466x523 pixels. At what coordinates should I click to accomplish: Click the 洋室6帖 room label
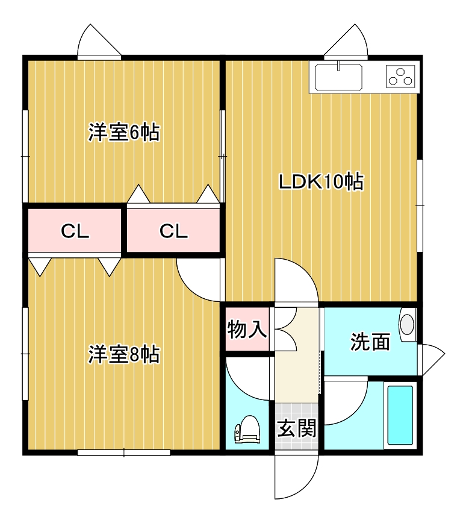(x=124, y=132)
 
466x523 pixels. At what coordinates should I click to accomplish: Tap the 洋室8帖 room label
(x=124, y=354)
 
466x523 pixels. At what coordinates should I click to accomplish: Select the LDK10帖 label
(x=321, y=182)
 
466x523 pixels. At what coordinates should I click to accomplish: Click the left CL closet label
(x=75, y=231)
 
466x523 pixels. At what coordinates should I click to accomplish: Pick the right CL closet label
(x=173, y=231)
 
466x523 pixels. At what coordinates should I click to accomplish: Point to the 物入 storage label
(x=247, y=329)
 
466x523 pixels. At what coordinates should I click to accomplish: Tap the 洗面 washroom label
(x=370, y=342)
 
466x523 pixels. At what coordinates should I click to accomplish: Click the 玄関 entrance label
(x=297, y=428)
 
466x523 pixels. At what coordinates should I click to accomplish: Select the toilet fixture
(x=247, y=429)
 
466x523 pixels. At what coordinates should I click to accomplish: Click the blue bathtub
(x=400, y=415)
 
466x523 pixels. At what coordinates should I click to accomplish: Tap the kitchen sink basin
(x=338, y=77)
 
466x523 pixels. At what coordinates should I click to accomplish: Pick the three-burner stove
(x=400, y=76)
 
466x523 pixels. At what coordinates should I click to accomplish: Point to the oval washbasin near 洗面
(x=408, y=325)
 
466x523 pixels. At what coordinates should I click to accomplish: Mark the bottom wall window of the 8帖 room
(x=124, y=453)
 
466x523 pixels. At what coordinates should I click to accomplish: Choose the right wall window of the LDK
(x=420, y=205)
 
